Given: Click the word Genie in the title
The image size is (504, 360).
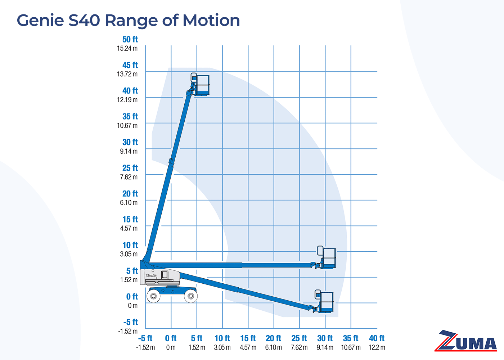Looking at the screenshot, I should [x=40, y=21].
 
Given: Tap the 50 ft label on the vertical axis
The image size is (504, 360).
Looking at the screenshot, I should [x=130, y=40].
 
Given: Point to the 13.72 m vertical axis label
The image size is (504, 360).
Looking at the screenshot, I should [x=127, y=74].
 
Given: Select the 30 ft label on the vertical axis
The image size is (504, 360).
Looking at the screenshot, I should [x=130, y=142].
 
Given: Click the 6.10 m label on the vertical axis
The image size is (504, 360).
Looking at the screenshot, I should [x=129, y=203].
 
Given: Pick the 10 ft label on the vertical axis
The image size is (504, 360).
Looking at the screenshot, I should [x=130, y=245].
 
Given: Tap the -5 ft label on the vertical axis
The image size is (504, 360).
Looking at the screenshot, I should [x=131, y=322].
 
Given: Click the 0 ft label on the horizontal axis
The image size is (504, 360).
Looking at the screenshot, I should [x=171, y=338].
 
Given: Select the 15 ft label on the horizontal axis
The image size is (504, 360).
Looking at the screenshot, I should [x=248, y=338].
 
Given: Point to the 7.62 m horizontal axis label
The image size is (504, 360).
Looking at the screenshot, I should [x=299, y=348].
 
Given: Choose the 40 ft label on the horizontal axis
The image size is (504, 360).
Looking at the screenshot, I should [x=377, y=338].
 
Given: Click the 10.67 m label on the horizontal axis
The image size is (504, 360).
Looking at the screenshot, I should [x=351, y=348].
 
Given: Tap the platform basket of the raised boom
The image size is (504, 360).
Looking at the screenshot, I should [x=201, y=85].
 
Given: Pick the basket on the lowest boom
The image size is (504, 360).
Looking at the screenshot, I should [x=325, y=302].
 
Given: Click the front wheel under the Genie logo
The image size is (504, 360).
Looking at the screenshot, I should [x=154, y=296].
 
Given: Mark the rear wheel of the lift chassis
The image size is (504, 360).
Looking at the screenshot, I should [x=190, y=296].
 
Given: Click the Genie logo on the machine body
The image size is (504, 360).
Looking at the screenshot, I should [x=151, y=275].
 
